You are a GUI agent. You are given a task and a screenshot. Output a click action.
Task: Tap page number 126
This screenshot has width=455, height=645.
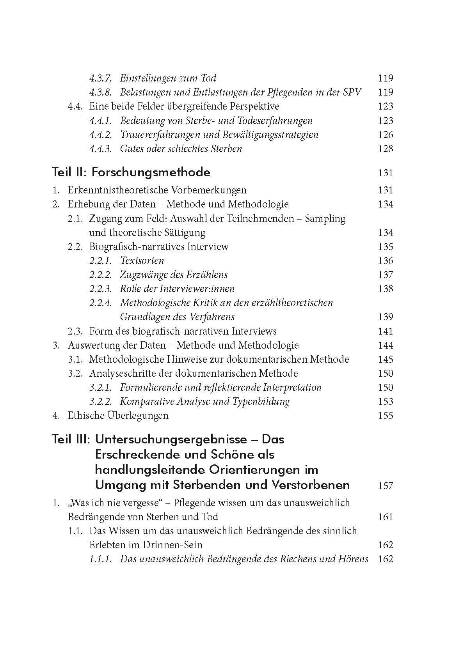click(x=386, y=135)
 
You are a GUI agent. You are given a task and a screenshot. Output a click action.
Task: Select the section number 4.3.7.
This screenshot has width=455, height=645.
click(x=100, y=78)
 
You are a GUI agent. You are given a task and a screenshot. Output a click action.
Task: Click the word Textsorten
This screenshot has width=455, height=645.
click(x=142, y=260)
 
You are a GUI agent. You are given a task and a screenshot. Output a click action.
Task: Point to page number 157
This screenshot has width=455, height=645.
click(x=386, y=486)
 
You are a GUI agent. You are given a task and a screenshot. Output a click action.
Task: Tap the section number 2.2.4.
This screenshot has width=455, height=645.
click(x=100, y=303)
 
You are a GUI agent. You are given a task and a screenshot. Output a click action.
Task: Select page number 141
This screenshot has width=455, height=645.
click(x=386, y=331)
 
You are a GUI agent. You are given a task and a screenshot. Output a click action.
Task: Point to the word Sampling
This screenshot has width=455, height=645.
click(x=325, y=219)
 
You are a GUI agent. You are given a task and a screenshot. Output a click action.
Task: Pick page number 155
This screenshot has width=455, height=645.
click(x=386, y=416)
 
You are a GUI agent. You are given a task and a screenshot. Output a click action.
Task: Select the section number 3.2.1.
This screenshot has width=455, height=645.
click(x=100, y=388)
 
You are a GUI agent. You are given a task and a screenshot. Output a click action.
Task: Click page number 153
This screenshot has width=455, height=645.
click(x=386, y=402)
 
